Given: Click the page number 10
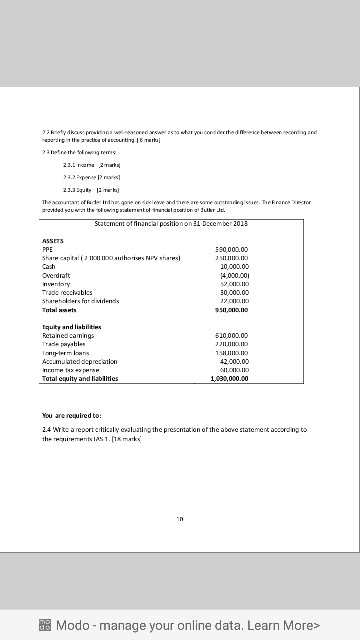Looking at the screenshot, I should [180, 517].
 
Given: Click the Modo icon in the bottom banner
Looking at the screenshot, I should [44, 625].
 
